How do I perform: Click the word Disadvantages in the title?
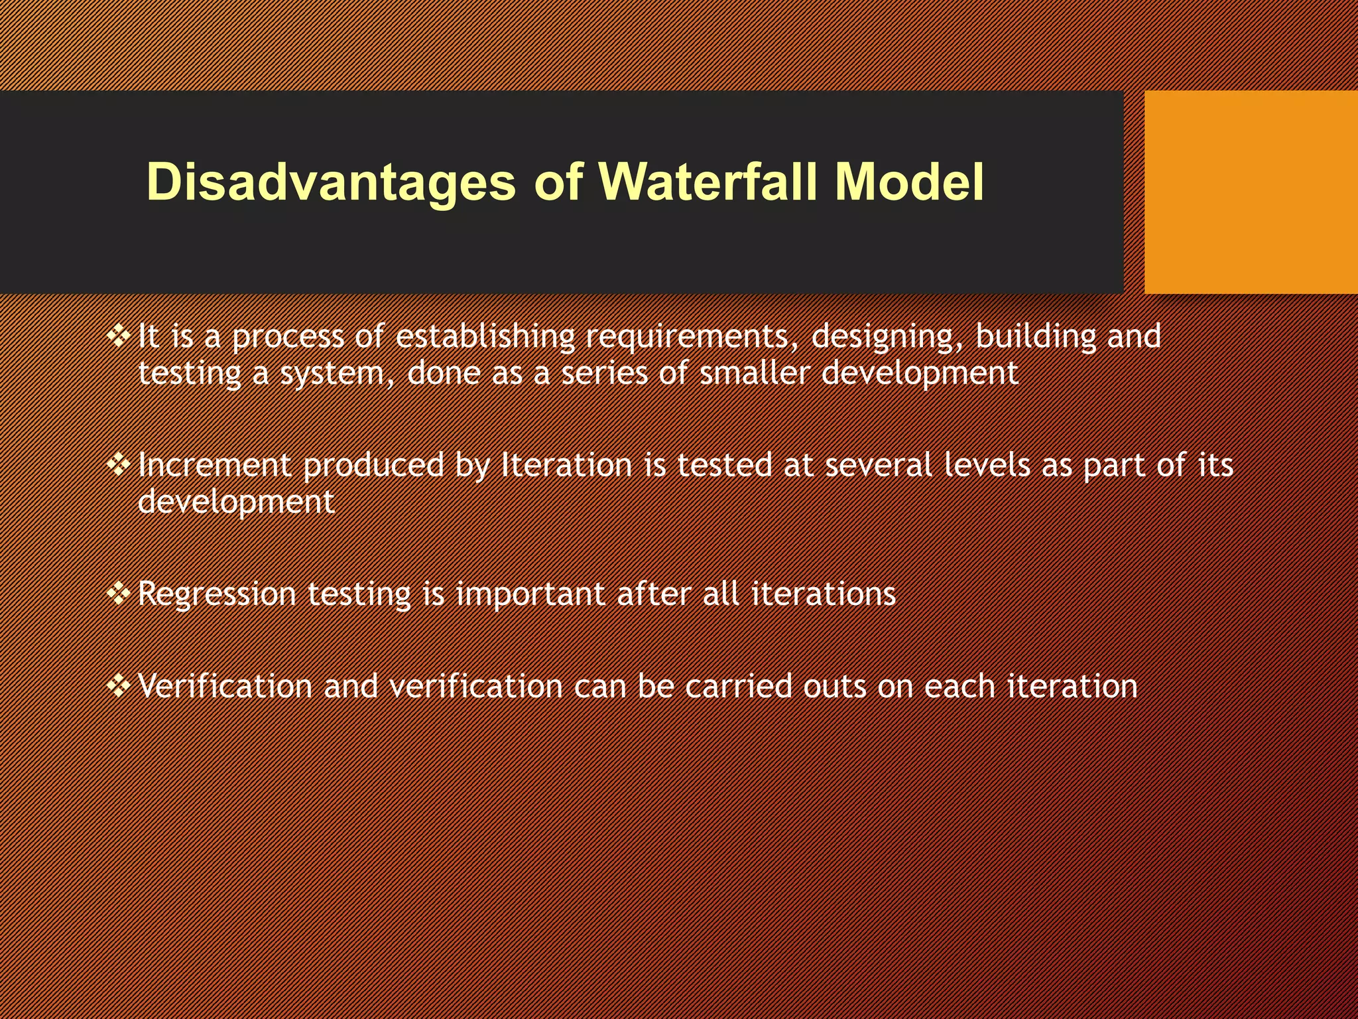[330, 182]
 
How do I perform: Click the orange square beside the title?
[1251, 192]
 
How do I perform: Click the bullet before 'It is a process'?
[119, 336]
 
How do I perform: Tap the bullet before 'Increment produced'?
[119, 465]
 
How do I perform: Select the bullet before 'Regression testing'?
[119, 593]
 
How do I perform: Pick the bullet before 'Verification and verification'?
[119, 685]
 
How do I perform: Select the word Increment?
[214, 465]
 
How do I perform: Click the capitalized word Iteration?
[566, 465]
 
